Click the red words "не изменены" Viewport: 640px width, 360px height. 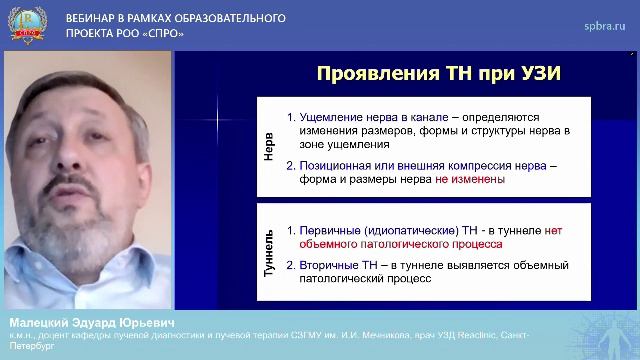[469, 180]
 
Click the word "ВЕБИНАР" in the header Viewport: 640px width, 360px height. [94, 19]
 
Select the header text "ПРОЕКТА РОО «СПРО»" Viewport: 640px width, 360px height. [124, 33]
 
